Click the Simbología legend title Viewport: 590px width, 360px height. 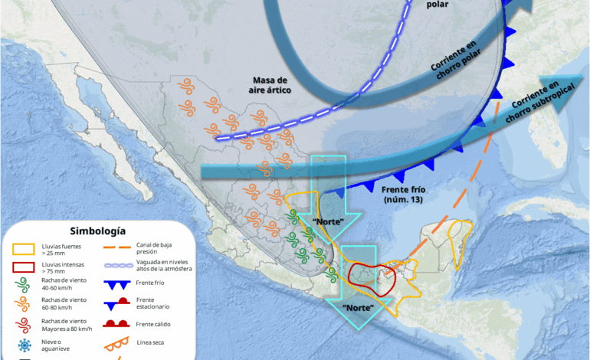(x=97, y=231)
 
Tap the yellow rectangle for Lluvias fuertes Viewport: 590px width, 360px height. (x=26, y=249)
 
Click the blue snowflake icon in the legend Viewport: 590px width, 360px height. (x=25, y=345)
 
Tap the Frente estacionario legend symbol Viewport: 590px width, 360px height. (x=120, y=303)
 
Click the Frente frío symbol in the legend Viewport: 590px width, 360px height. (x=120, y=284)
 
